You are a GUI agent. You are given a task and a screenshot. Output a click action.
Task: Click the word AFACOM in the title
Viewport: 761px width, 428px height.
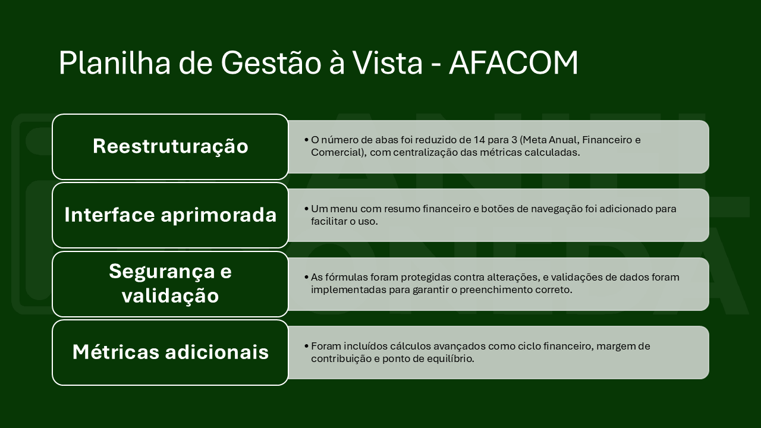(x=513, y=63)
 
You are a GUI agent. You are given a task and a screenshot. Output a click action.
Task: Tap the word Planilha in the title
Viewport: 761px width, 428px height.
(x=115, y=63)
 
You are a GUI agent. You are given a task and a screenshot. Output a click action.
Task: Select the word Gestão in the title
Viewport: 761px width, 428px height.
(x=271, y=63)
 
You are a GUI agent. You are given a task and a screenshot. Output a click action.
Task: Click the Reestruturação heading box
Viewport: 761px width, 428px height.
(x=170, y=147)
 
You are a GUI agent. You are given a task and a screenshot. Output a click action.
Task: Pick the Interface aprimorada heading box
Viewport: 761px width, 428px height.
(x=170, y=215)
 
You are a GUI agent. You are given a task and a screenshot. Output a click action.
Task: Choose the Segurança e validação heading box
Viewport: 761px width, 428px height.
(x=170, y=284)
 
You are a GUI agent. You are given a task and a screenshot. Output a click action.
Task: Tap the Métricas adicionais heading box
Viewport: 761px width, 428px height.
(x=170, y=353)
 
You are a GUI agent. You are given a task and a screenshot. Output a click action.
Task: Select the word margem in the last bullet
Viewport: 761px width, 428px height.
(x=613, y=347)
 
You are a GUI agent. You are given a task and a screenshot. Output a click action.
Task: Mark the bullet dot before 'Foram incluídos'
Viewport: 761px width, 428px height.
(x=306, y=346)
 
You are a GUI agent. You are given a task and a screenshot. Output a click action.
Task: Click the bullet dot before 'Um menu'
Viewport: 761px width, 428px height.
(x=306, y=209)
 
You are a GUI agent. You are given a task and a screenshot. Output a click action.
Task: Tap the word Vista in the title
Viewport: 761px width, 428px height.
(x=388, y=63)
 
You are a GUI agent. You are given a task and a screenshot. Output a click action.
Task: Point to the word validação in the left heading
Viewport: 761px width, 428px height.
(x=170, y=295)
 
